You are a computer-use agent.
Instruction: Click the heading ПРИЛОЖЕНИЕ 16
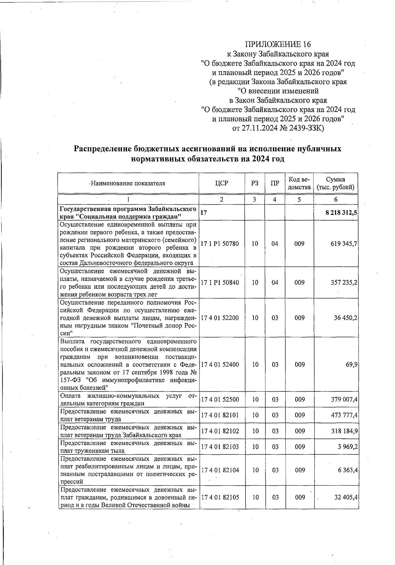pyautogui.click(x=278, y=44)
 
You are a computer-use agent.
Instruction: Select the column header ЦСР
pyautogui.click(x=221, y=183)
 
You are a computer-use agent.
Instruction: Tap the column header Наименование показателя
pyautogui.click(x=128, y=183)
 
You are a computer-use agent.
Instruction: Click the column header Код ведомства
pyautogui.click(x=300, y=183)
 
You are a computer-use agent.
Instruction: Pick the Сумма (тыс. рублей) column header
pyautogui.click(x=335, y=183)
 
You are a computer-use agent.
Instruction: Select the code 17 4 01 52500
pyautogui.click(x=220, y=400)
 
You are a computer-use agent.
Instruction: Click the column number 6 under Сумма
pyautogui.click(x=335, y=200)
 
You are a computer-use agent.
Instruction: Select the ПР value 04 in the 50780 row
pyautogui.click(x=275, y=244)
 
